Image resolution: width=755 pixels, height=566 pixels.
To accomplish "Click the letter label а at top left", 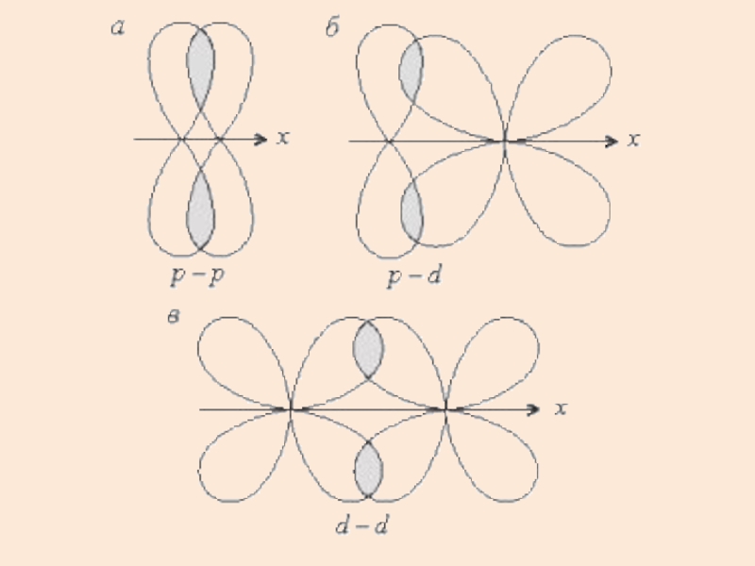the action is (118, 29).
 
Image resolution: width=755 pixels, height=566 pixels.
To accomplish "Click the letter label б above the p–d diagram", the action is (332, 29).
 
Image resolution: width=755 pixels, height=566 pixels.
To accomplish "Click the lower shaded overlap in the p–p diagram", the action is (200, 209).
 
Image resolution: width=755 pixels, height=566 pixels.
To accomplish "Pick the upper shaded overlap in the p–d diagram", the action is (411, 71).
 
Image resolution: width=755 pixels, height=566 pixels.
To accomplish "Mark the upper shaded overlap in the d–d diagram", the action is (368, 349).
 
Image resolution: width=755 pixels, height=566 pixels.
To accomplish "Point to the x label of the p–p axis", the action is (283, 140).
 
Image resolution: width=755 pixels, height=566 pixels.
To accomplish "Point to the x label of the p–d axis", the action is (634, 141).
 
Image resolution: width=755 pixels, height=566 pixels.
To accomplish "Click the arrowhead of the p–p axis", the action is (263, 140).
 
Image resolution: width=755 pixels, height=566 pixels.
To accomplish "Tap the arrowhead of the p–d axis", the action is (612, 141).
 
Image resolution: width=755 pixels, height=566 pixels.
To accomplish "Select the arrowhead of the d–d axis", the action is (535, 409).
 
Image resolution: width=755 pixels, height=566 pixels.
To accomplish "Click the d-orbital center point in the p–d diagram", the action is (505, 141).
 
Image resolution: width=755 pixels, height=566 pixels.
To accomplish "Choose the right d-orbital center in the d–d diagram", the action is (445, 409).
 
